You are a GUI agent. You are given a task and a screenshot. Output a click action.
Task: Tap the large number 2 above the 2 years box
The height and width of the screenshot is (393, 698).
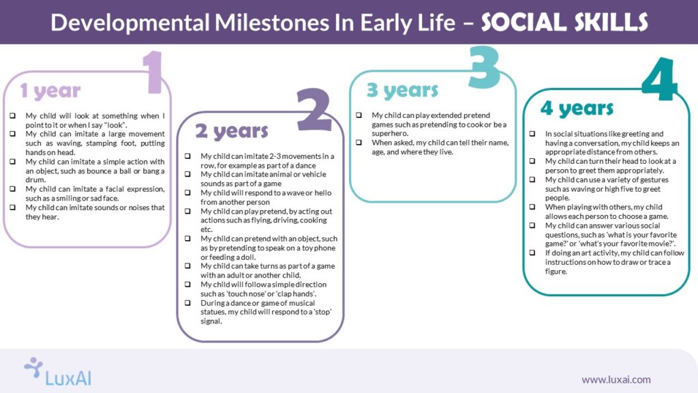click(314, 110)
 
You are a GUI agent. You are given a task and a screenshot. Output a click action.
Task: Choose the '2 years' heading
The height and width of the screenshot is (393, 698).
click(232, 130)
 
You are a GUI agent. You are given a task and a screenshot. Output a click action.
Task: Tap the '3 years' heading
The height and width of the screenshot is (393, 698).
click(402, 90)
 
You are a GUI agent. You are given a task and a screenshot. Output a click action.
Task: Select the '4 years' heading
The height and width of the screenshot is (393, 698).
click(577, 108)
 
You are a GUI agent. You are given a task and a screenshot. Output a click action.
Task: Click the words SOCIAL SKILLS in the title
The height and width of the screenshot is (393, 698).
click(564, 22)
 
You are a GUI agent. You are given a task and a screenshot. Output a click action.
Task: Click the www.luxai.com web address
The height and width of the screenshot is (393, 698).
click(616, 379)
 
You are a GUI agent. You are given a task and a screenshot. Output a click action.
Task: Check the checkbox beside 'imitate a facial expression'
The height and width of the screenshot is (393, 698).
click(12, 189)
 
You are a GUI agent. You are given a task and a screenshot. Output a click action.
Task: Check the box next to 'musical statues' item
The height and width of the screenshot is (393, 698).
click(187, 303)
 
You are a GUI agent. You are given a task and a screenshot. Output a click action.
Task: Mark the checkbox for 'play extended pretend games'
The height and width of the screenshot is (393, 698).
click(359, 115)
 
